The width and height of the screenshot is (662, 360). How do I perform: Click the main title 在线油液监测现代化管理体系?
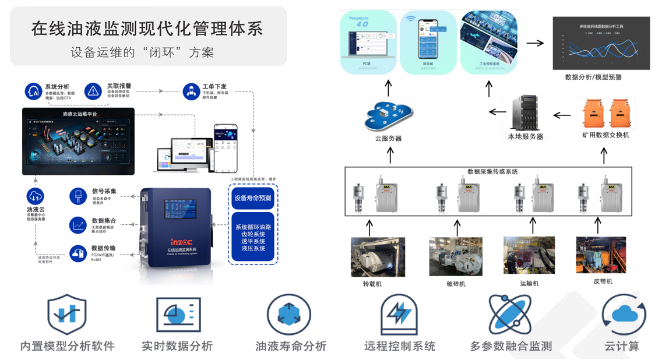tap(147, 29)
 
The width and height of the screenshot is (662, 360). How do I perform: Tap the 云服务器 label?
tap(388, 139)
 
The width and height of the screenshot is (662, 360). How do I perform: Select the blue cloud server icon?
tap(388, 115)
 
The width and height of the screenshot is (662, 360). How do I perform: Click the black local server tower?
tap(525, 113)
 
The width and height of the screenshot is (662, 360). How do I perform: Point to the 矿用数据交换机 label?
tap(605, 135)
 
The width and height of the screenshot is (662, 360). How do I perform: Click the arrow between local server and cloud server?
tap(497, 112)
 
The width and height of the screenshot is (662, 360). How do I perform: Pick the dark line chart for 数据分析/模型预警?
tap(601, 43)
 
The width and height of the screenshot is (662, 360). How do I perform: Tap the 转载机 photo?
tap(378, 257)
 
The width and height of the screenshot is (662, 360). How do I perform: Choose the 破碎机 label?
tap(456, 284)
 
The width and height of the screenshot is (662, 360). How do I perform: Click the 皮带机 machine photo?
tap(601, 255)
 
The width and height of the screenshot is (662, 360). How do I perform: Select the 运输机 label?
tap(529, 283)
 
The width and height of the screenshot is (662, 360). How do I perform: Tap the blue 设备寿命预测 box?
tap(253, 198)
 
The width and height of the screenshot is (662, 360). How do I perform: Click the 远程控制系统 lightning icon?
tap(399, 315)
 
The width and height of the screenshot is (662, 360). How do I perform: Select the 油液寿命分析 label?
tap(290, 346)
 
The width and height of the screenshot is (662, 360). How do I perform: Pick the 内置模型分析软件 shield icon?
tap(67, 315)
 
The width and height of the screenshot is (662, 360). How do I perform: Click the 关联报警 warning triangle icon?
tap(93, 91)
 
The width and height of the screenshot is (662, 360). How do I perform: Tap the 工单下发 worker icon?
tap(191, 91)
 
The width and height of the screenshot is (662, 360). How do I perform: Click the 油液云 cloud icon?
tap(36, 196)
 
